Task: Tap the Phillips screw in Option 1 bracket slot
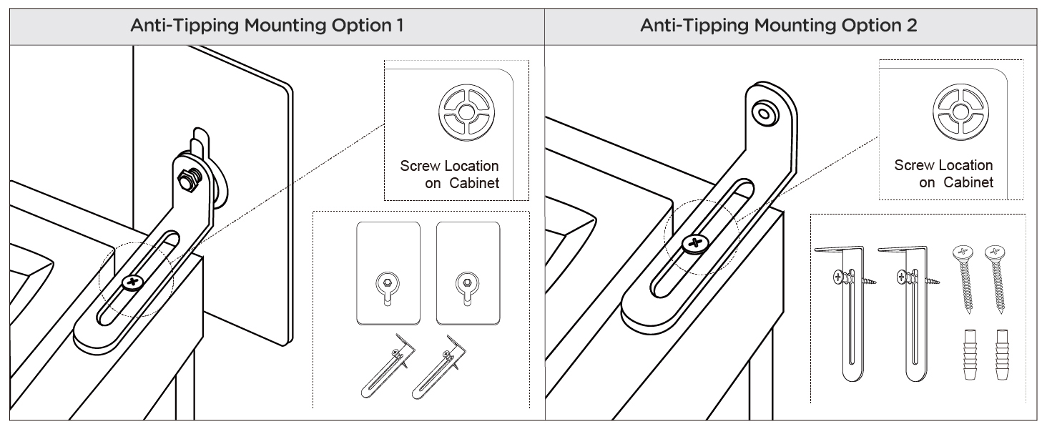[134, 282]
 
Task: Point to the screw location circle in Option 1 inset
[466, 112]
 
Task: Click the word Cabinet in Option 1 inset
[474, 183]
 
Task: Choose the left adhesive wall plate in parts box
[388, 273]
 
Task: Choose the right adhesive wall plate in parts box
[468, 273]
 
